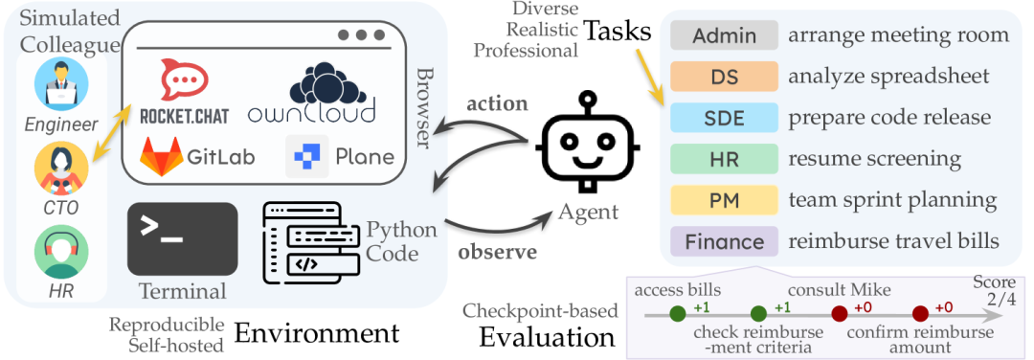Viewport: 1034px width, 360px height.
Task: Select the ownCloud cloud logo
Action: point(312,92)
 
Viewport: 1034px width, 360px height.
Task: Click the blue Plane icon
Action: point(306,156)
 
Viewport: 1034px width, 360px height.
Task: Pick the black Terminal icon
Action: point(183,238)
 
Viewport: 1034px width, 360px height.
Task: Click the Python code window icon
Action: point(311,239)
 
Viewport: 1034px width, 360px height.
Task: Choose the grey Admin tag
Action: point(724,34)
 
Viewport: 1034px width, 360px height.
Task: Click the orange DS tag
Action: point(724,76)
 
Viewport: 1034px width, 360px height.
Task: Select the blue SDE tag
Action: point(724,118)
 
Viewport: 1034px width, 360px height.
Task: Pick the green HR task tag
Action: point(724,158)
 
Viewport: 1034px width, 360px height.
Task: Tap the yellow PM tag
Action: point(724,200)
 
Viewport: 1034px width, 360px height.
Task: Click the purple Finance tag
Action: point(724,240)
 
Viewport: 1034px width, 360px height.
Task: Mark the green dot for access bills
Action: point(677,314)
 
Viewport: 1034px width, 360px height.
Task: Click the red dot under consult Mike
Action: point(840,314)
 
